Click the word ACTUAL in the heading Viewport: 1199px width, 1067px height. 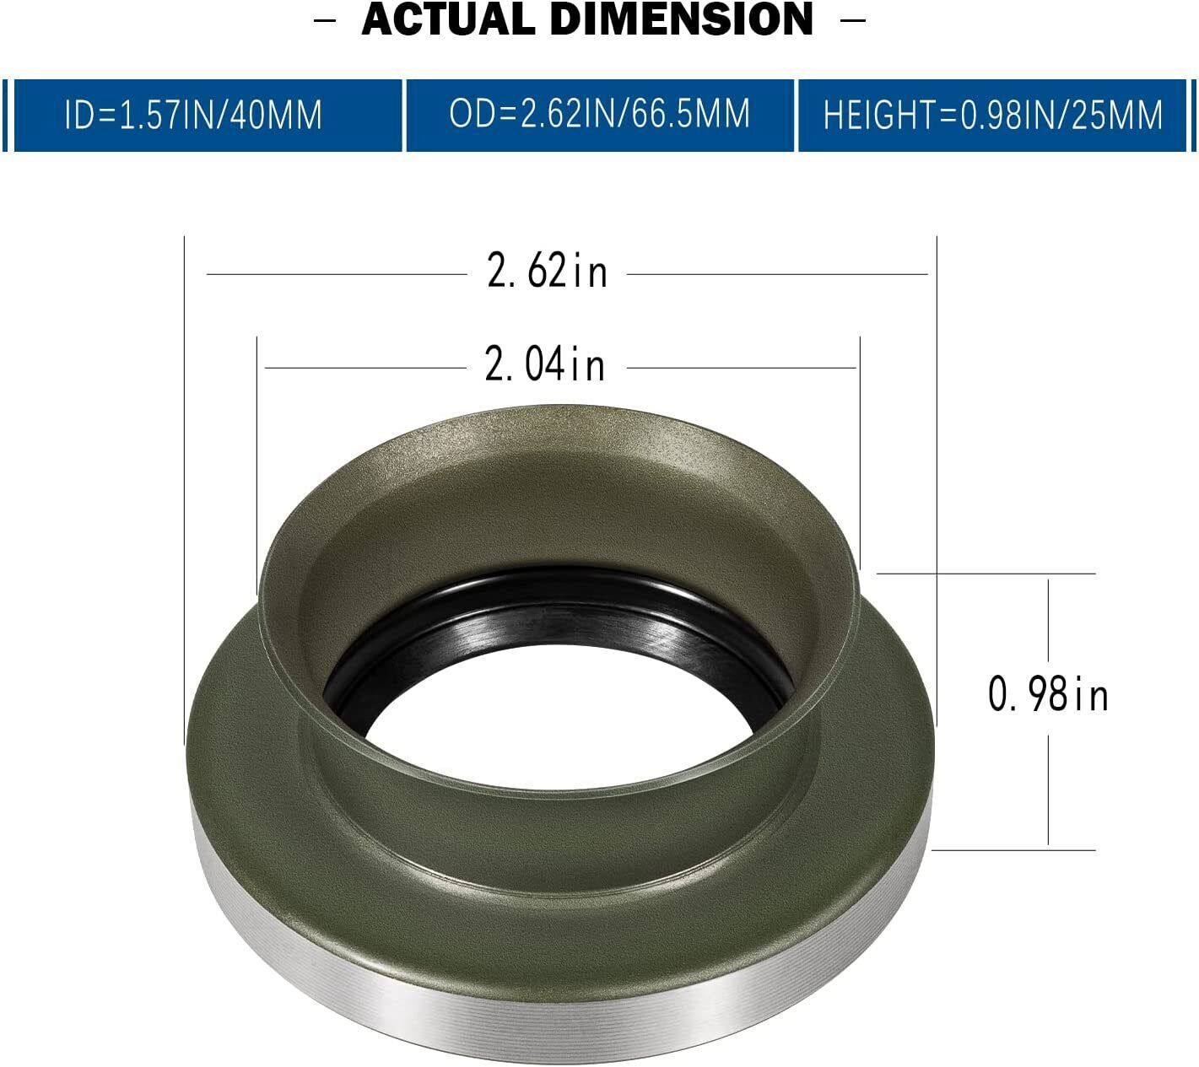tap(448, 20)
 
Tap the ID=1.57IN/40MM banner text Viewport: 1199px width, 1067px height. tap(193, 115)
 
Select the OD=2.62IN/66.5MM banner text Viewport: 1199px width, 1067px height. tap(599, 114)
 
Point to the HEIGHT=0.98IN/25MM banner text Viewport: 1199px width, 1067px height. tap(993, 115)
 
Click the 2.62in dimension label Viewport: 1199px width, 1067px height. tap(547, 273)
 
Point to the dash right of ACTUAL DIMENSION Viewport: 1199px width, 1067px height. tap(853, 20)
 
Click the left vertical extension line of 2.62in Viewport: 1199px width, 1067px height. tap(184, 489)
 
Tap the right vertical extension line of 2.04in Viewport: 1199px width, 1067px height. tap(860, 447)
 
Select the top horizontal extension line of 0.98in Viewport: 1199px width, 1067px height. tap(987, 574)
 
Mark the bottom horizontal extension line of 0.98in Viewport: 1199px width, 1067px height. tap(1013, 849)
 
